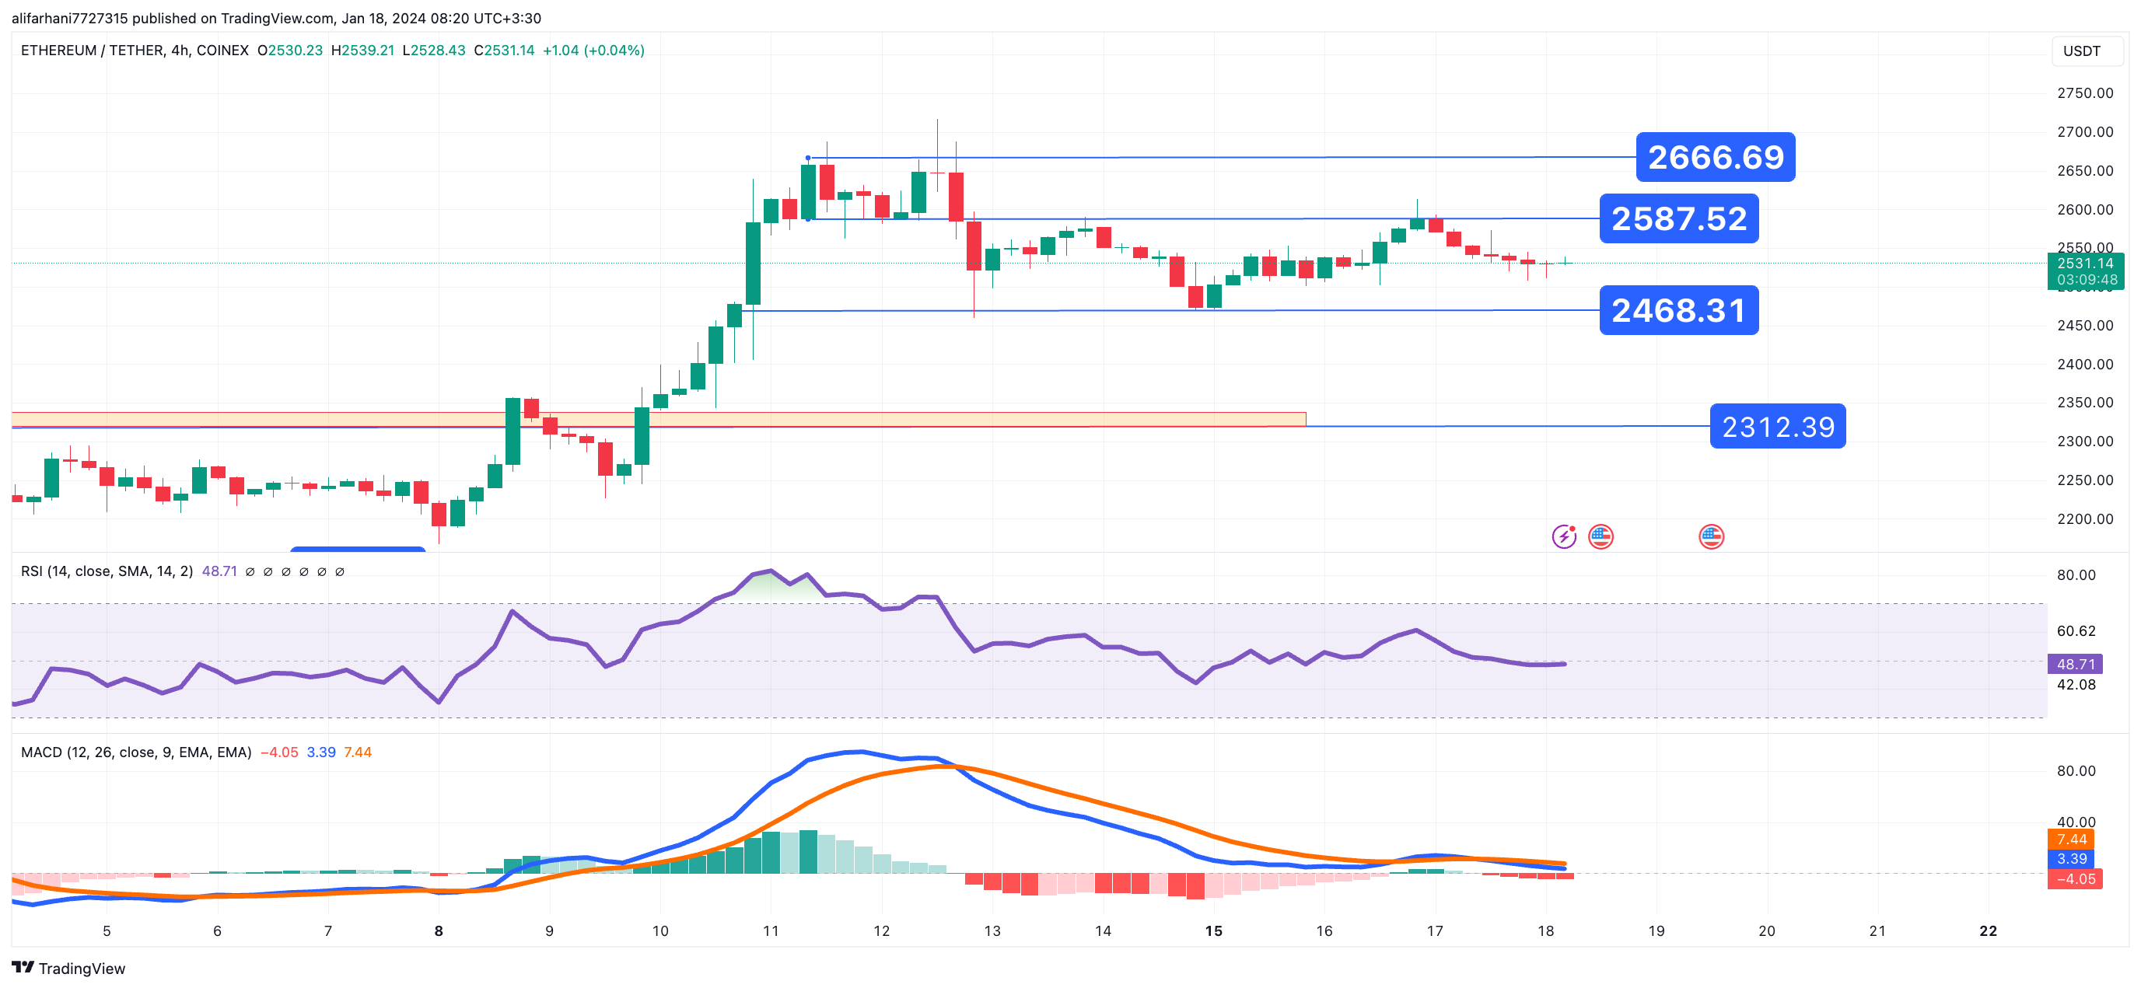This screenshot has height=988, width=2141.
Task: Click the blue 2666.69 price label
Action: (x=1715, y=157)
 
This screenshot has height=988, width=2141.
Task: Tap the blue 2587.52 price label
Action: (x=1678, y=218)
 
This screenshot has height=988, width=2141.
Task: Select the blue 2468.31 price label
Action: (x=1678, y=310)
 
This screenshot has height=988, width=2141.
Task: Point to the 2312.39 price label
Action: (x=1777, y=426)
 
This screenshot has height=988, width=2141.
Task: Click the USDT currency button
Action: (x=2081, y=51)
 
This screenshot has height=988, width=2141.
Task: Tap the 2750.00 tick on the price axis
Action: (x=2084, y=93)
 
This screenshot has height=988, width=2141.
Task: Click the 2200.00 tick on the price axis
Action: (x=2084, y=518)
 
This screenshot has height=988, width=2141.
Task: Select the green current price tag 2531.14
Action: (x=2084, y=271)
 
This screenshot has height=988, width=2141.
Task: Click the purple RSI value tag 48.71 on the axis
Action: (x=2075, y=664)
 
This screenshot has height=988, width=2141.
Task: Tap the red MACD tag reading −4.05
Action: (x=2075, y=879)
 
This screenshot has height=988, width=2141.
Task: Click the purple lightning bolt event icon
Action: (x=1563, y=537)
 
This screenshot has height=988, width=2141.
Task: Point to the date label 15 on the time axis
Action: (x=1213, y=930)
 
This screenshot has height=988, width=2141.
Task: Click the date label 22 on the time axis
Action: (x=1987, y=930)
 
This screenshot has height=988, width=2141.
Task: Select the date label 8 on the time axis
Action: (x=439, y=930)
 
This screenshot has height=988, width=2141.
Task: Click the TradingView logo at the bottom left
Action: (x=68, y=968)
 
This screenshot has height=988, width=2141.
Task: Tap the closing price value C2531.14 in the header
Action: (x=504, y=51)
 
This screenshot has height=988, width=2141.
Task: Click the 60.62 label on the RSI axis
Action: (x=2076, y=630)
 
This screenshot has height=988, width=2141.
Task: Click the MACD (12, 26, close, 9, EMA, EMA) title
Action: (x=136, y=752)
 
